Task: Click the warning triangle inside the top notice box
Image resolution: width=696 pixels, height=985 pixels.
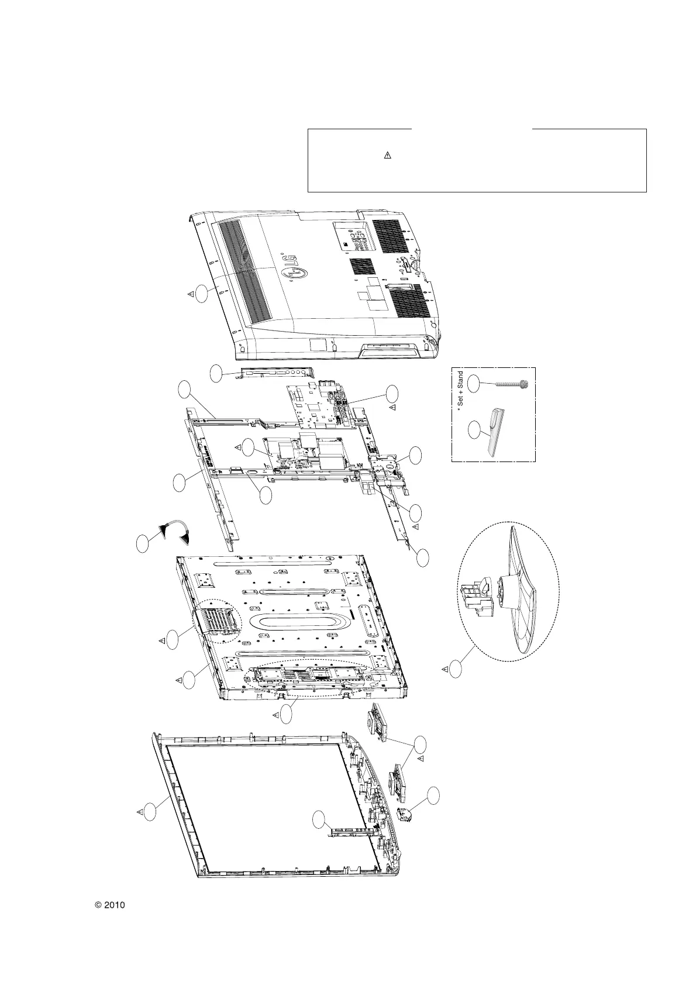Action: pos(387,156)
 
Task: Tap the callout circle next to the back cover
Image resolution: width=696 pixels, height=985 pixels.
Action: pos(202,294)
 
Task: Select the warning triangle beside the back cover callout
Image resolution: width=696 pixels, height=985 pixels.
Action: pos(191,294)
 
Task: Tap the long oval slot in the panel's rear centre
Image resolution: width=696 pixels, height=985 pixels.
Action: pos(298,622)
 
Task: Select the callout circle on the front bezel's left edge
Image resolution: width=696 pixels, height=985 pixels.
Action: pos(150,811)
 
